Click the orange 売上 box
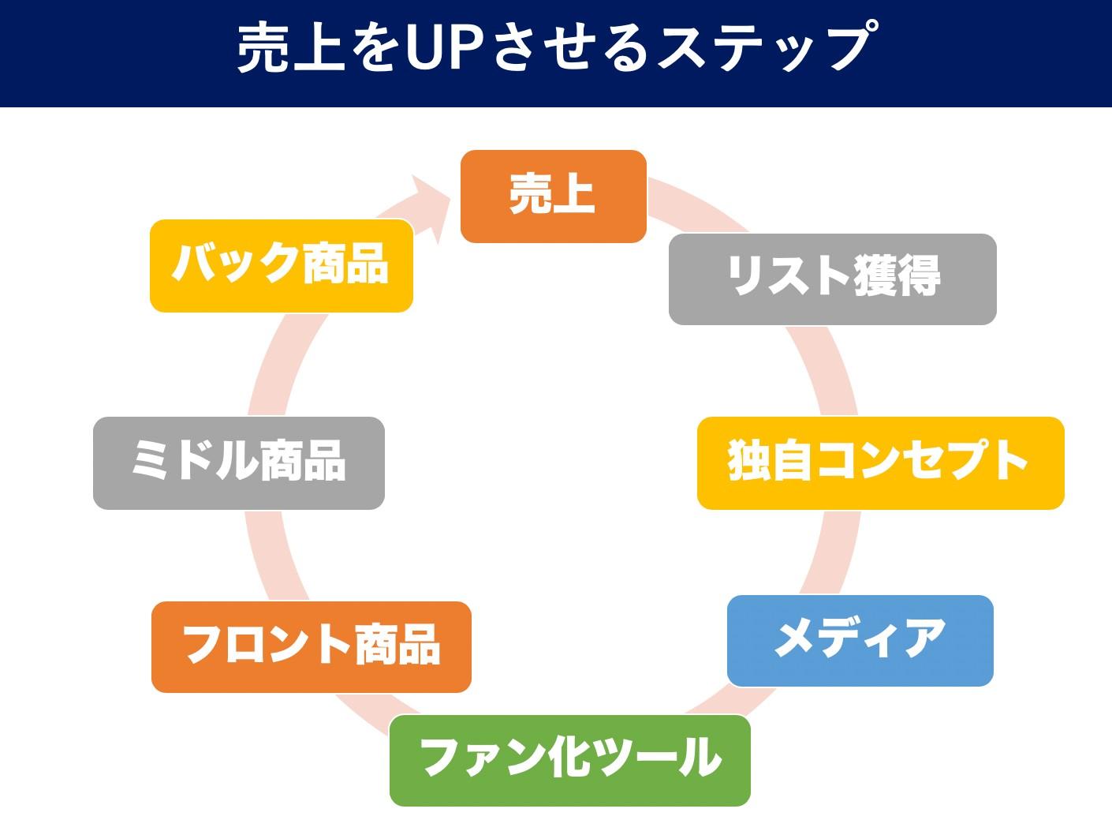pos(553,196)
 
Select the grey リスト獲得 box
pos(832,279)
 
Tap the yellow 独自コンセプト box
pos(880,462)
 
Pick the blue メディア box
pos(860,640)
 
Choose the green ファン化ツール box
pos(569,760)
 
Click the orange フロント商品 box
pos(311,646)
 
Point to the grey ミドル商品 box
pos(238,462)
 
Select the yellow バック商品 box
pos(281,265)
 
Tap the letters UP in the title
pos(446,49)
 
